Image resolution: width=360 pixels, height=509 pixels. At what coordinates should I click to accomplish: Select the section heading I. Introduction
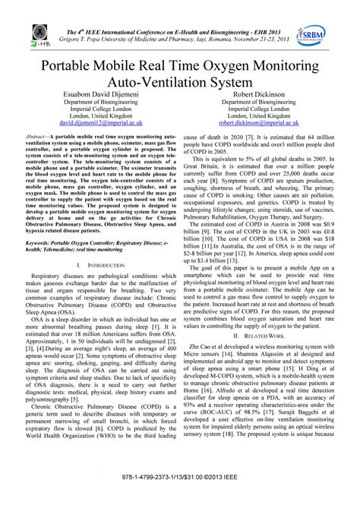point(96,264)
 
